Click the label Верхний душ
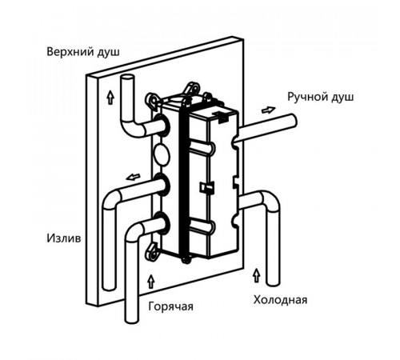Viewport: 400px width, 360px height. tap(83, 51)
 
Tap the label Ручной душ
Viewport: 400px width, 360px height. tap(321, 97)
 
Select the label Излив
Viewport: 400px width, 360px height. tap(64, 238)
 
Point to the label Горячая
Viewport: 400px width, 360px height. tap(170, 306)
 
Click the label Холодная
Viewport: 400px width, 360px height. tap(280, 300)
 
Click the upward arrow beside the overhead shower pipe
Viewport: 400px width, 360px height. tap(110, 97)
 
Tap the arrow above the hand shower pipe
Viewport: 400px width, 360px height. tap(268, 110)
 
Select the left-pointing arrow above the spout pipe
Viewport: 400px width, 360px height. tap(133, 177)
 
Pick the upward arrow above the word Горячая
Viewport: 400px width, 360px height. tap(151, 282)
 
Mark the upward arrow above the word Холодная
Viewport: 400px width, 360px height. tap(257, 275)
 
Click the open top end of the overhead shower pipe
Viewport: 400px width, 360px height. tap(127, 78)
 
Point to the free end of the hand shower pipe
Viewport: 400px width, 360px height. tap(293, 122)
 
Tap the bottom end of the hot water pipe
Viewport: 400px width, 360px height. tap(132, 319)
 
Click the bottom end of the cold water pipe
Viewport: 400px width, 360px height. tap(274, 282)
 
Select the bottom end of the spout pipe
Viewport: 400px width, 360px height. tap(110, 286)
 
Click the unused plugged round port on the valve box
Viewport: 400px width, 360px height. tap(162, 154)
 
